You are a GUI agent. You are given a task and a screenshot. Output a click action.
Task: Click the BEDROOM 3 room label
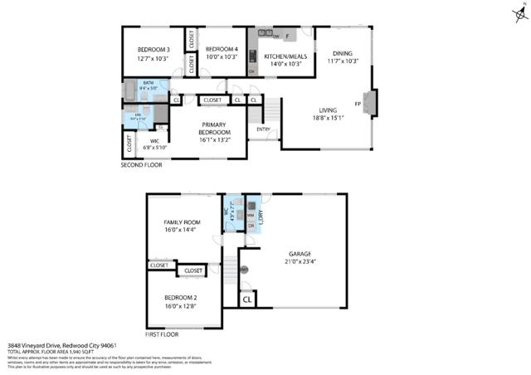click(153, 49)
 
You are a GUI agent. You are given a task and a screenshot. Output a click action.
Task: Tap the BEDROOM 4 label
click(222, 49)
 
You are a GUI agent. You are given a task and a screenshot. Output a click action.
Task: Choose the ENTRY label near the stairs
click(263, 129)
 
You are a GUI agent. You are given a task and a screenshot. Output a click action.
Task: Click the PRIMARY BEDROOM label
click(213, 127)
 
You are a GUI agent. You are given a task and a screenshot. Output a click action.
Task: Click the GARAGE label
click(300, 253)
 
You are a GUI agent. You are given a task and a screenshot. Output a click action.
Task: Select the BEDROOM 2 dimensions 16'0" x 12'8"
click(180, 306)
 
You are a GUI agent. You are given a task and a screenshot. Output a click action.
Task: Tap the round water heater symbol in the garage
click(245, 270)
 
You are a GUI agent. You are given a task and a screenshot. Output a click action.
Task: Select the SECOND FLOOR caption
click(142, 165)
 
